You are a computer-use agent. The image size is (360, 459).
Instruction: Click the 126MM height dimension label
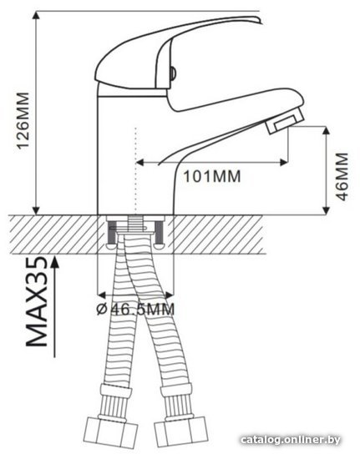pyautogui.click(x=23, y=121)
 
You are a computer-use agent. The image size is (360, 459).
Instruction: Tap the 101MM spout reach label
pyautogui.click(x=212, y=176)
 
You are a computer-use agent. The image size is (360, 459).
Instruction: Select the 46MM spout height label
pyautogui.click(x=342, y=176)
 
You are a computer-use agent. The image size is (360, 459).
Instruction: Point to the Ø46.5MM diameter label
pyautogui.click(x=135, y=309)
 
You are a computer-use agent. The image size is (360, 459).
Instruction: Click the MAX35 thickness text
pyautogui.click(x=37, y=301)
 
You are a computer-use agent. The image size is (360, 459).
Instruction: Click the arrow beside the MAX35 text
pyautogui.click(x=54, y=307)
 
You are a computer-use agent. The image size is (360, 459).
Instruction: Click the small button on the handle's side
pyautogui.click(x=173, y=73)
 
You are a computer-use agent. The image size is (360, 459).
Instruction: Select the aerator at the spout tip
pyautogui.click(x=284, y=121)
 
